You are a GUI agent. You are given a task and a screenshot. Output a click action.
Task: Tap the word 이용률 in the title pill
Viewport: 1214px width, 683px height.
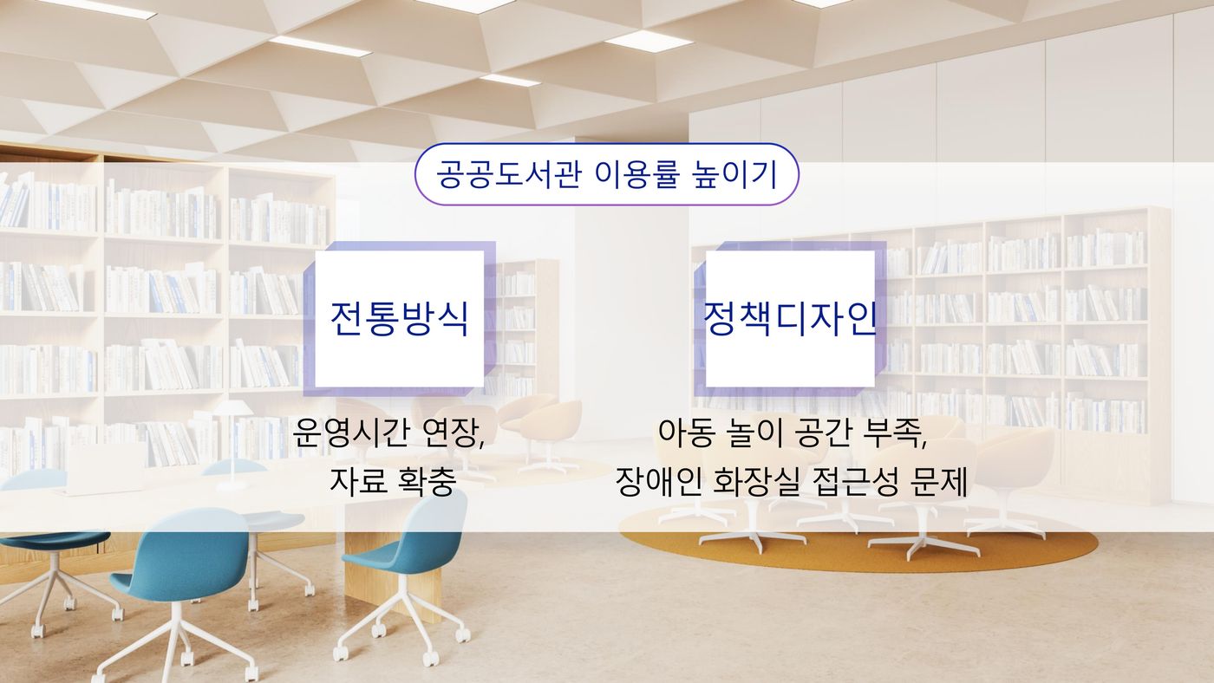[636, 174]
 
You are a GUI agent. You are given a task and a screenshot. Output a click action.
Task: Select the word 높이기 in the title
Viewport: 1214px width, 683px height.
[735, 174]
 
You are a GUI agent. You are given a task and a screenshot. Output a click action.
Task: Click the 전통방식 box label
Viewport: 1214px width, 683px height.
[400, 319]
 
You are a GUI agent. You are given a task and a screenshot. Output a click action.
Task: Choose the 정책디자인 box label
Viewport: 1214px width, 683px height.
[790, 318]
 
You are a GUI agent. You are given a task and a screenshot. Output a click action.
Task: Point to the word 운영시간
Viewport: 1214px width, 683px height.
[350, 433]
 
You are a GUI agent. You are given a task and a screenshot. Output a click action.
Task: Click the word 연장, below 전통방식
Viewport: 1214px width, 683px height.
[453, 433]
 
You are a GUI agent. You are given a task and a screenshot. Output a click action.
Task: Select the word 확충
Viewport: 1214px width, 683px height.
[426, 480]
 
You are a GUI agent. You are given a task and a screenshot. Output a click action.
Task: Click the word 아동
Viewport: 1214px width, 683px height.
[685, 433]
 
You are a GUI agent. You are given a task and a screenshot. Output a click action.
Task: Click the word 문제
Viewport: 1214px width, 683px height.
[940, 480]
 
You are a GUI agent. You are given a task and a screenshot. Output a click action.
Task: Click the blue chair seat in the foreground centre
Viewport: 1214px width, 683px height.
[179, 563]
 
